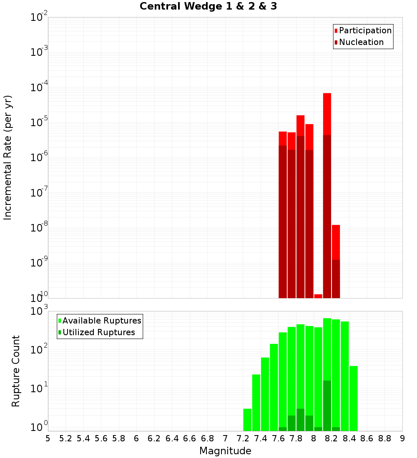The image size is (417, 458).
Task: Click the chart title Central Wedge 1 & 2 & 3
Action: pyautogui.click(x=208, y=7)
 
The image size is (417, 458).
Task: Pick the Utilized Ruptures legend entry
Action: pyautogui.click(x=98, y=332)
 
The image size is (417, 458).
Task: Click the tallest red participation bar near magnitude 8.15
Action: pyautogui.click(x=327, y=112)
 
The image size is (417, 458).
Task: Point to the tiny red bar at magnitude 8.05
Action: pyautogui.click(x=318, y=296)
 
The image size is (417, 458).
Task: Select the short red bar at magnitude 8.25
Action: pyautogui.click(x=336, y=241)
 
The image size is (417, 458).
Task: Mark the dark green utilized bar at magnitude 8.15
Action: pyautogui.click(x=327, y=406)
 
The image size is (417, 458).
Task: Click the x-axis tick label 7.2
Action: pyautogui.click(x=243, y=438)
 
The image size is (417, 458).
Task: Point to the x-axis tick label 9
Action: pyautogui.click(x=402, y=438)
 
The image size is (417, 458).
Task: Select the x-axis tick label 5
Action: pyautogui.click(x=48, y=438)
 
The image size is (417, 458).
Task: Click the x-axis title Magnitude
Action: pyautogui.click(x=225, y=451)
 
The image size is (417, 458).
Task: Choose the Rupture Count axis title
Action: pyautogui.click(x=16, y=371)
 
